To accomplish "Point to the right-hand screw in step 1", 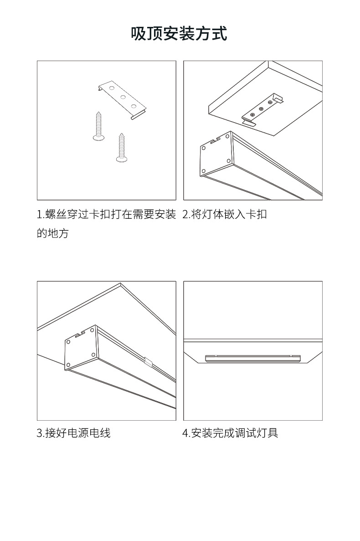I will click(122, 147).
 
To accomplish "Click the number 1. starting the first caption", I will click(40, 214).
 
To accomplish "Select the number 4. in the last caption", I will click(186, 433).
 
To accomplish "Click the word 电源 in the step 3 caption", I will click(77, 433).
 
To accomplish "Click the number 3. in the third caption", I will click(40, 433).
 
